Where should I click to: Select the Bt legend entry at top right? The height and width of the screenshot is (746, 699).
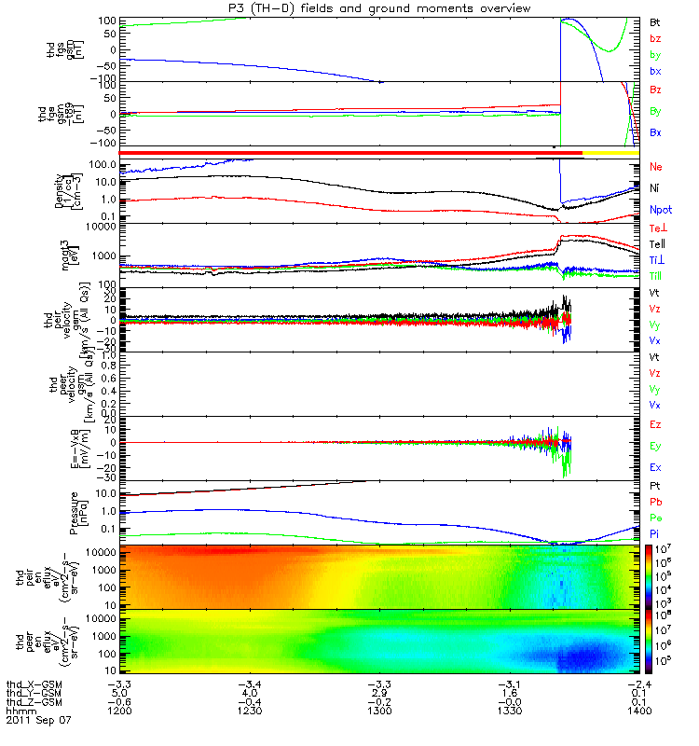click(x=655, y=21)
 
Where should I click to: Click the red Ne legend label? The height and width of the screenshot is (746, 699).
click(x=656, y=167)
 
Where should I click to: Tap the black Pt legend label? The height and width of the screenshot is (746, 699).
click(x=655, y=487)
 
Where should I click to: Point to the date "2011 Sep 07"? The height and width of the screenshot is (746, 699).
click(x=38, y=721)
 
